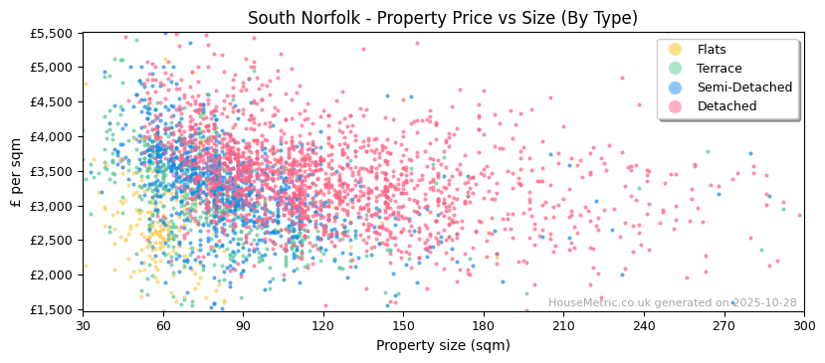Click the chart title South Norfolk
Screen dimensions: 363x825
click(442, 18)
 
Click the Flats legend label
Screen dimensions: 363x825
click(712, 50)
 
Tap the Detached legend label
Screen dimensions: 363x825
click(726, 106)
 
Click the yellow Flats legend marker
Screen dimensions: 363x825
click(676, 50)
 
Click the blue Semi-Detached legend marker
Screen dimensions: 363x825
click(676, 88)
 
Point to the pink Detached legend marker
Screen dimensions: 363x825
click(676, 106)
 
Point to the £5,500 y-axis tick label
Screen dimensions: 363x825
click(52, 33)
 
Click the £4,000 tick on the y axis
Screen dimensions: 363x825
click(52, 136)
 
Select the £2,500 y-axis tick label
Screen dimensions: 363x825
click(52, 241)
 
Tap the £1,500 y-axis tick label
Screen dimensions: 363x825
click(52, 309)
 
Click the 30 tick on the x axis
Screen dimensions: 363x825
click(83, 325)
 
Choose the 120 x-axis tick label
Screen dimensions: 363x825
click(323, 325)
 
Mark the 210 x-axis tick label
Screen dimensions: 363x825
click(563, 325)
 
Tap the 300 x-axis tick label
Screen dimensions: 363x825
click(803, 325)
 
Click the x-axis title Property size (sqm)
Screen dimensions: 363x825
click(443, 345)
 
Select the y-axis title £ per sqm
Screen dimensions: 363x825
click(16, 171)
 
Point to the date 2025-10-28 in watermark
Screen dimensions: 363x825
click(764, 302)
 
